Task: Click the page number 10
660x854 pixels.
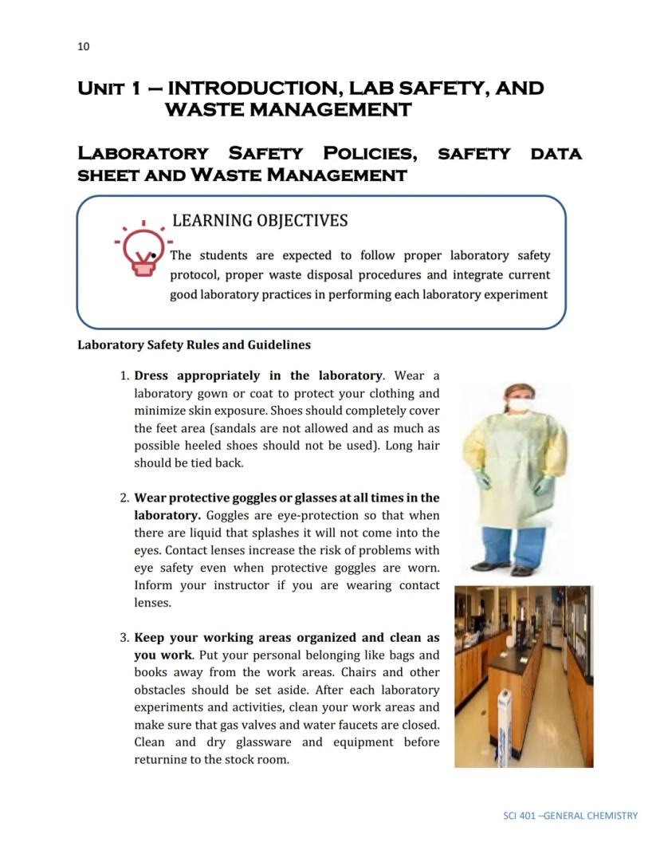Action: pyautogui.click(x=84, y=46)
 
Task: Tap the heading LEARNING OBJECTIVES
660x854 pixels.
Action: pyautogui.click(x=260, y=220)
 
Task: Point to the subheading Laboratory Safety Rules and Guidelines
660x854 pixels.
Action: pyautogui.click(x=194, y=345)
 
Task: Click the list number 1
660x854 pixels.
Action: pyautogui.click(x=124, y=376)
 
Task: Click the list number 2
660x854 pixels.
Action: pyautogui.click(x=124, y=498)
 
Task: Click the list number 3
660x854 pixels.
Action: pyautogui.click(x=124, y=638)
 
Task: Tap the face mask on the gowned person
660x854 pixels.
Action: pyautogui.click(x=519, y=405)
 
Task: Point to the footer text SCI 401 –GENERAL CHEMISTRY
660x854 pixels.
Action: pyautogui.click(x=571, y=816)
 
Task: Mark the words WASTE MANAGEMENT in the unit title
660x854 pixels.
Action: pyautogui.click(x=288, y=110)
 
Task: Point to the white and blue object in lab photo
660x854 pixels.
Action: pyautogui.click(x=504, y=727)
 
